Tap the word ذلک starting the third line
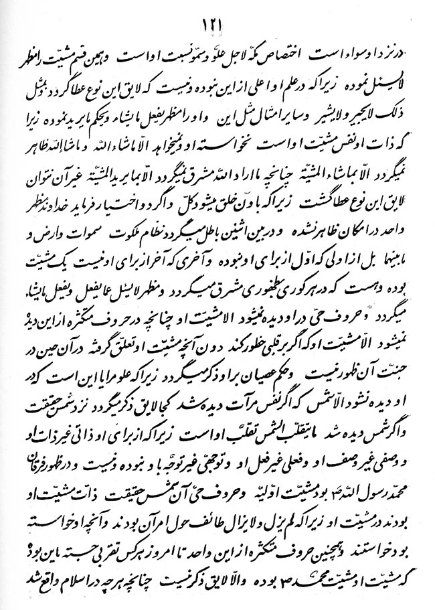tap(399, 106)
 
